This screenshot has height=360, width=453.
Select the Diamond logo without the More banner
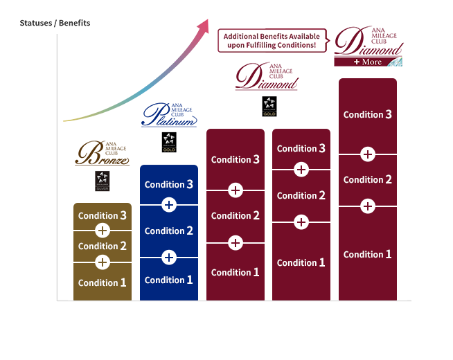tap(267, 77)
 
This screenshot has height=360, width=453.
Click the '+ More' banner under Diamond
tap(368, 61)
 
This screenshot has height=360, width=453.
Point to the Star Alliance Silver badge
tap(103, 181)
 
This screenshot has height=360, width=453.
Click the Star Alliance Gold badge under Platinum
tap(169, 143)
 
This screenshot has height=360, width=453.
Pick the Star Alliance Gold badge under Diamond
tap(269, 106)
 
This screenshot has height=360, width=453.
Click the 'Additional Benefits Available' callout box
tap(272, 40)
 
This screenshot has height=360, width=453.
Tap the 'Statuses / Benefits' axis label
tap(55, 24)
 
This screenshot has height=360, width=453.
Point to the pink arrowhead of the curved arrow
tap(203, 27)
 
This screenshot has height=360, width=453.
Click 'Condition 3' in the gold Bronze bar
tap(103, 215)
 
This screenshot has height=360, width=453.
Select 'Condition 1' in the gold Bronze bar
tap(103, 282)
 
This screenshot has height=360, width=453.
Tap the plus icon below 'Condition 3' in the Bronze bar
tap(103, 231)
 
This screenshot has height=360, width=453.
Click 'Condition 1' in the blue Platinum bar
tap(169, 280)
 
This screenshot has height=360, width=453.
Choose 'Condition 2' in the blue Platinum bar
tap(169, 231)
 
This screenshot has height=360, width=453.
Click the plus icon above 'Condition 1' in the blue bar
tap(169, 258)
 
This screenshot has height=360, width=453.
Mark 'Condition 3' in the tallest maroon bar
tap(368, 114)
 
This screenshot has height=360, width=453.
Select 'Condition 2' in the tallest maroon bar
tap(368, 179)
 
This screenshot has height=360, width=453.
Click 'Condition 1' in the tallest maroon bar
tap(368, 254)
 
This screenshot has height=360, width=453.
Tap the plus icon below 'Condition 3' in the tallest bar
tap(368, 154)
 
